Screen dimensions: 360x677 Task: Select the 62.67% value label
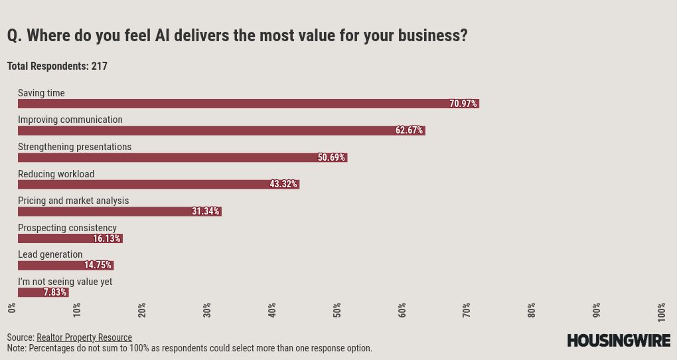point(409,131)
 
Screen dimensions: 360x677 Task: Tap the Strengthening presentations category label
point(74,147)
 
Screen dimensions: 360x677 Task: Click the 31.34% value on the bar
point(206,212)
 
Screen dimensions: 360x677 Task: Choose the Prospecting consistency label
point(67,228)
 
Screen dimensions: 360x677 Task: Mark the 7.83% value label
point(55,292)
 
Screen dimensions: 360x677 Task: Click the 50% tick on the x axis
point(337,310)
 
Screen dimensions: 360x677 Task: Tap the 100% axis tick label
point(662,310)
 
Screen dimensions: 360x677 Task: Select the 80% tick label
point(532,310)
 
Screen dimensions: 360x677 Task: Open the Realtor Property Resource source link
point(84,337)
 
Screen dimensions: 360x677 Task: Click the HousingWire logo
point(619,340)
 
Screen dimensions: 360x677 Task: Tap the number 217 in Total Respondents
point(100,66)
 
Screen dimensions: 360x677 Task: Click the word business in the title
point(429,36)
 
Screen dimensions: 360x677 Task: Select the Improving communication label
point(70,120)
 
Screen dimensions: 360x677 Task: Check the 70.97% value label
point(463,104)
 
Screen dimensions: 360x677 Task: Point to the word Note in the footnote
point(16,348)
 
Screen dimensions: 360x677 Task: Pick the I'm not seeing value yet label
point(65,282)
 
